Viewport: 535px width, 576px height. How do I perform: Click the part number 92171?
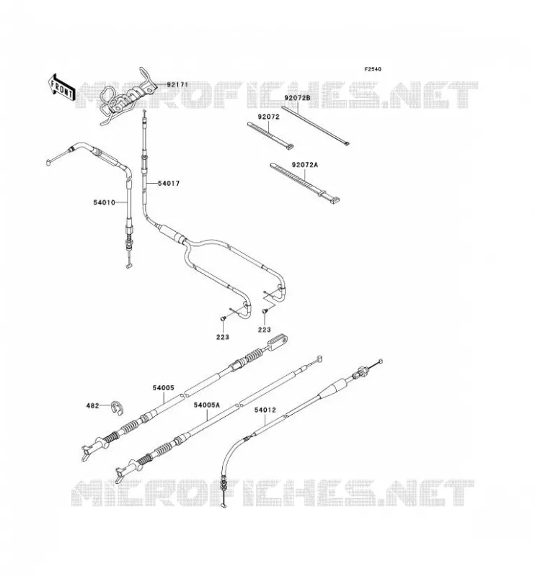pos(177,84)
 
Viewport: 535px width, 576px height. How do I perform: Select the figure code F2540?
pos(373,69)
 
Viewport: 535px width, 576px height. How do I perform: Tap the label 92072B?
pos(297,98)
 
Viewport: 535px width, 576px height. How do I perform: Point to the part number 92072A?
pos(305,165)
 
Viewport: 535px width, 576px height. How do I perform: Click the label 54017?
pos(169,183)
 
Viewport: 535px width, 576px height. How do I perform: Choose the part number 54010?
pos(104,202)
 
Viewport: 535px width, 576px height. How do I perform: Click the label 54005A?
pos(207,405)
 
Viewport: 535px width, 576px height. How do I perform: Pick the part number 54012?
pos(265,410)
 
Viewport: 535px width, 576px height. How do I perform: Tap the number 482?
pos(93,405)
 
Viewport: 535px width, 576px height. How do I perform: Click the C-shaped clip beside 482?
pos(118,408)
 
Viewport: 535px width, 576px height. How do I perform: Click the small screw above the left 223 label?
pos(223,319)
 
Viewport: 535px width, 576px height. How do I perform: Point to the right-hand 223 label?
pos(264,330)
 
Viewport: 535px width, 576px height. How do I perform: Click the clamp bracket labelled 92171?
pos(126,96)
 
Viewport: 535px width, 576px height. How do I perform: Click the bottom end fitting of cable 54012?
pos(223,505)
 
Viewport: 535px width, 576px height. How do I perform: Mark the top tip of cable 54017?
pos(144,112)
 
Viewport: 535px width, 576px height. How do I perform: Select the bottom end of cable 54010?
pos(128,266)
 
